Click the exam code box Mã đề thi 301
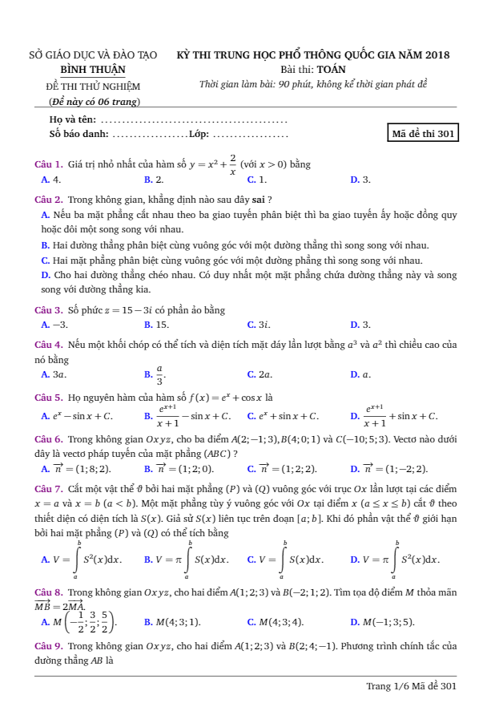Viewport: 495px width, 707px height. tap(423, 134)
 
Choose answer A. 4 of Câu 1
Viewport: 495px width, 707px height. tap(51, 180)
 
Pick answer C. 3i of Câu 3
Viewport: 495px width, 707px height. tap(259, 325)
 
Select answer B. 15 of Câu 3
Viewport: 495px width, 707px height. tap(156, 325)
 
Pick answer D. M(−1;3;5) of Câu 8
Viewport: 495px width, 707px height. tap(382, 621)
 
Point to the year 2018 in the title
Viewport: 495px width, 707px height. tap(437, 55)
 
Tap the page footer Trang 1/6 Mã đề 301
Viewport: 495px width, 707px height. tap(411, 686)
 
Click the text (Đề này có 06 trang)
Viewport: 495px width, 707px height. tap(95, 102)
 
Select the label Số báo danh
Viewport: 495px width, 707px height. tap(78, 134)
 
